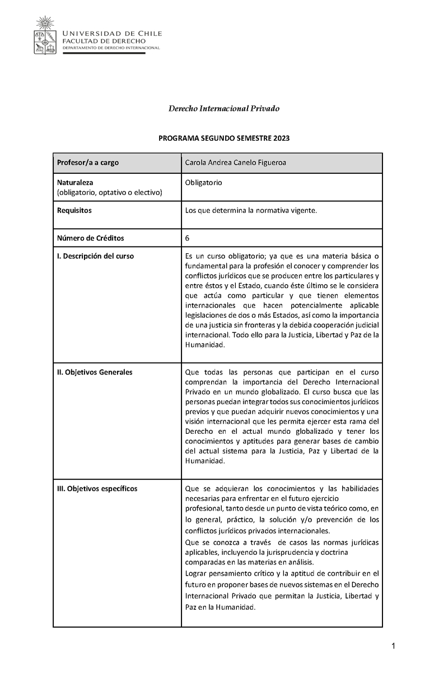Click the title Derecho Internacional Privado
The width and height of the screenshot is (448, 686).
224,108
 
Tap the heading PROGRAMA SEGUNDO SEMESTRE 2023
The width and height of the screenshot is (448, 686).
224,138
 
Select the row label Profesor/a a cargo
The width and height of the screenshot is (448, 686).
88,163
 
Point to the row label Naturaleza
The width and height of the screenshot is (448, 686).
75,183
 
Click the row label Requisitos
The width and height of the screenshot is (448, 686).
74,210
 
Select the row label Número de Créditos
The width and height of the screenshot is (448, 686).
91,238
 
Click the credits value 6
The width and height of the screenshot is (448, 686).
187,238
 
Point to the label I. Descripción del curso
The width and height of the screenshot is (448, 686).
96,256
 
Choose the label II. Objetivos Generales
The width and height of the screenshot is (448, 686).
95,372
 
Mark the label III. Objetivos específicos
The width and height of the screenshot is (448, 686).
97,488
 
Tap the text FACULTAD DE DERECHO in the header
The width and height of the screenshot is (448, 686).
104,41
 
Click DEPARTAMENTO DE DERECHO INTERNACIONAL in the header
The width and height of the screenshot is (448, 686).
111,48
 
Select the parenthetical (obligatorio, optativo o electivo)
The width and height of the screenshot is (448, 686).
109,193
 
